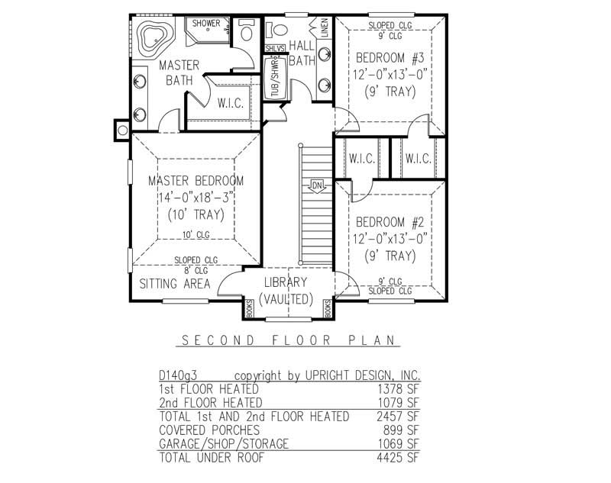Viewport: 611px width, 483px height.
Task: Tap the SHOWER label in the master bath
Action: (x=205, y=24)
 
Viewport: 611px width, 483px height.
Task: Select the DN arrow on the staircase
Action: (x=317, y=185)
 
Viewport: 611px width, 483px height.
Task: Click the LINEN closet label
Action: (x=324, y=28)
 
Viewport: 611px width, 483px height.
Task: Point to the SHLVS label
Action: (x=274, y=49)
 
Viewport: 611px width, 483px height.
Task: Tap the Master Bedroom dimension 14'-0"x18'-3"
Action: (x=196, y=198)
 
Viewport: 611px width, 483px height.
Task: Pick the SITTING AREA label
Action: (x=174, y=284)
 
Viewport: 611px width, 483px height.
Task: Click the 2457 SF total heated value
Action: (x=402, y=417)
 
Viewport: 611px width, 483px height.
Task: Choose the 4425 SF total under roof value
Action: (x=402, y=458)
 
